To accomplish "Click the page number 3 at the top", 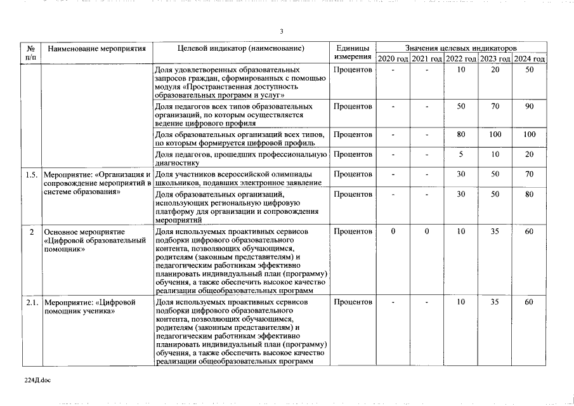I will [282, 32].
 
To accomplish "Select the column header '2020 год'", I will [393, 59].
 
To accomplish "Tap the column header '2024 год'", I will [530, 59].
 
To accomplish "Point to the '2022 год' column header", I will [461, 59].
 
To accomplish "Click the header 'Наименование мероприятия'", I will [97, 48].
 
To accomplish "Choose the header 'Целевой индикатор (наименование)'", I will [241, 48].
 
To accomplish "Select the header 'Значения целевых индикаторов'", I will [461, 48].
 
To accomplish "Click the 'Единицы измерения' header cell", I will [353, 53].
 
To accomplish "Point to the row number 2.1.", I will [31, 302].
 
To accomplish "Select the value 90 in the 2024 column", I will [529, 106].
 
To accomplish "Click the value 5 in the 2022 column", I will [461, 154].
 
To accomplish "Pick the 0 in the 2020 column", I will [393, 232].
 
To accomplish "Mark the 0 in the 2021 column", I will [427, 232].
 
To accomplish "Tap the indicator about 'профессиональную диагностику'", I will [241, 159].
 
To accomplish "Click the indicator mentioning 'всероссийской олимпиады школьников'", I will [241, 178].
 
